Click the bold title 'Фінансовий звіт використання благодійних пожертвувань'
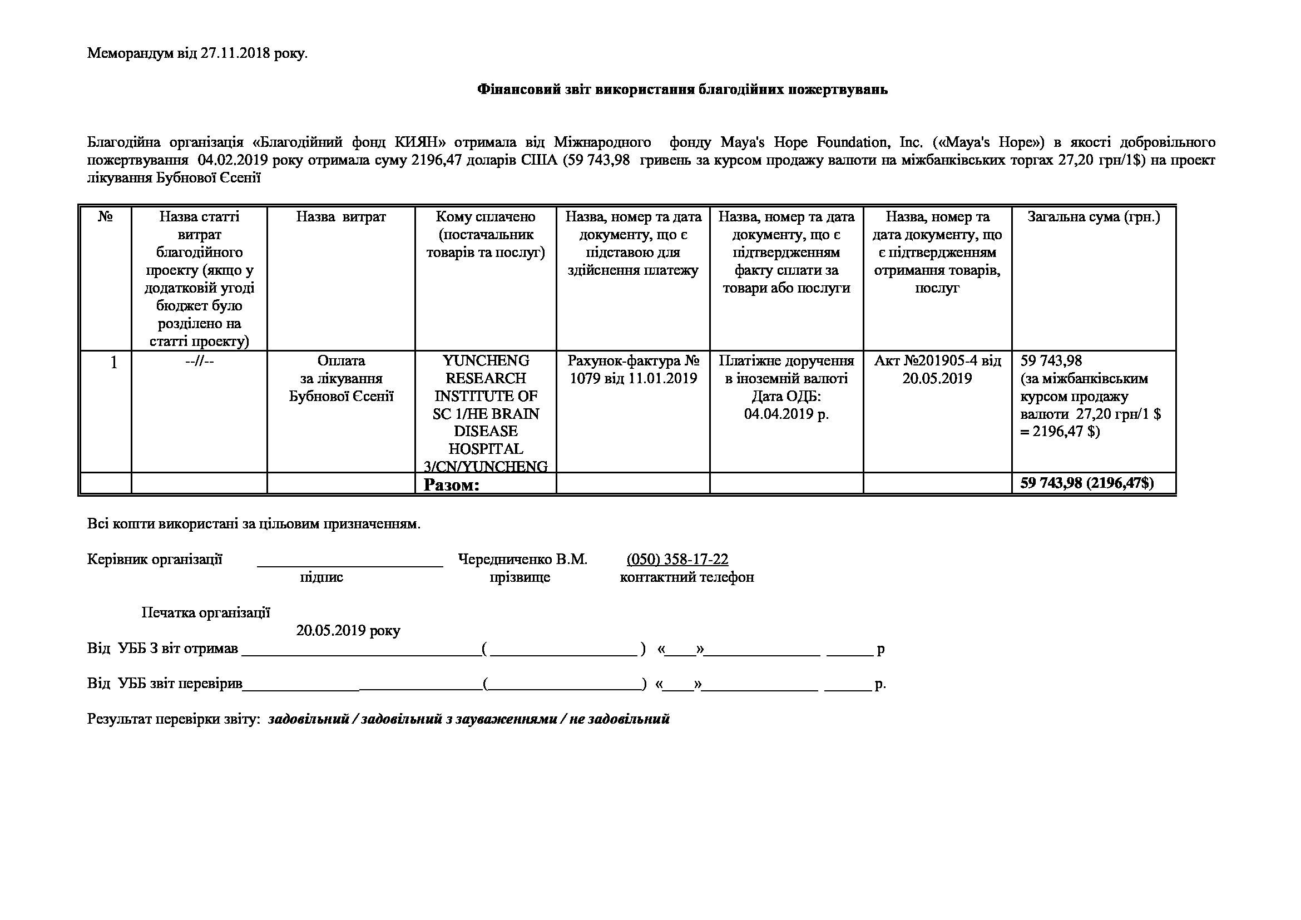[682, 90]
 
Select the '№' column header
[105, 217]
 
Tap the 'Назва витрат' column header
[340, 217]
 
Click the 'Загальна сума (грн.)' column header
[1093, 217]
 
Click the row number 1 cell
[113, 362]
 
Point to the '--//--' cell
[200, 362]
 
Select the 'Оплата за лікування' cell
[340, 378]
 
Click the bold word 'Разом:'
[452, 485]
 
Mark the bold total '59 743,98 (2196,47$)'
[1087, 483]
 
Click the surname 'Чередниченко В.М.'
[522, 560]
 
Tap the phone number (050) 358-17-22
[677, 560]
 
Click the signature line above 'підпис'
[350, 563]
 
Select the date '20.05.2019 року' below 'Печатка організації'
[348, 631]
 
